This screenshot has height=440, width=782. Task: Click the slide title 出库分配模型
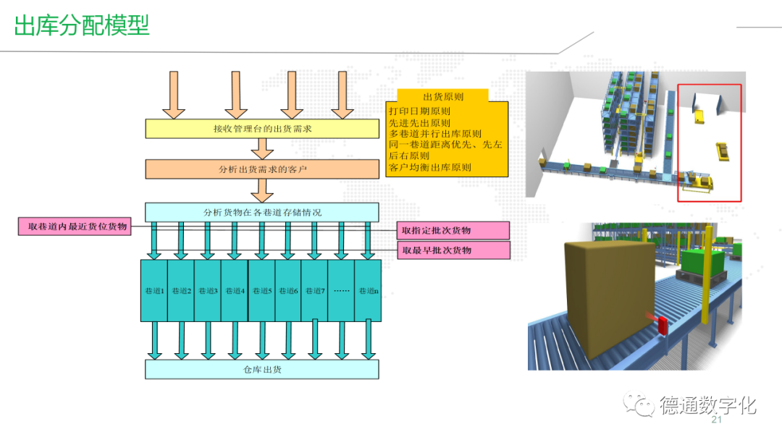[82, 25]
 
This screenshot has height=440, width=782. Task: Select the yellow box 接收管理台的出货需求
[262, 129]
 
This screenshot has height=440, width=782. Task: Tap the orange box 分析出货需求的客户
[262, 169]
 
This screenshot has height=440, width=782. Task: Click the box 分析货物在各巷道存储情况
[262, 212]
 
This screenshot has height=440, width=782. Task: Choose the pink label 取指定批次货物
[453, 230]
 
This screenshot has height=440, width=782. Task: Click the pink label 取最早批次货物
[453, 250]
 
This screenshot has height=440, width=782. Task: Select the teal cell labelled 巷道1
[154, 290]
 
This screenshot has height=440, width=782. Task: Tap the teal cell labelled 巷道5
[261, 290]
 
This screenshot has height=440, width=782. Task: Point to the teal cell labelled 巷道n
[368, 290]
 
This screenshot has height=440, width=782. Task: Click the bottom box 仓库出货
[262, 369]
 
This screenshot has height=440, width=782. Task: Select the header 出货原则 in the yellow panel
[443, 96]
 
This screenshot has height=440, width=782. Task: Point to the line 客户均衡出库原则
[429, 167]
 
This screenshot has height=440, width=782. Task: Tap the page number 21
[718, 421]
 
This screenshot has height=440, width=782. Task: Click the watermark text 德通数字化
[707, 405]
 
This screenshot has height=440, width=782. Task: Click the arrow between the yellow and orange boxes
[261, 148]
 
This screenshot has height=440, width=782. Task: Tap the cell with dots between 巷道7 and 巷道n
[342, 290]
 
